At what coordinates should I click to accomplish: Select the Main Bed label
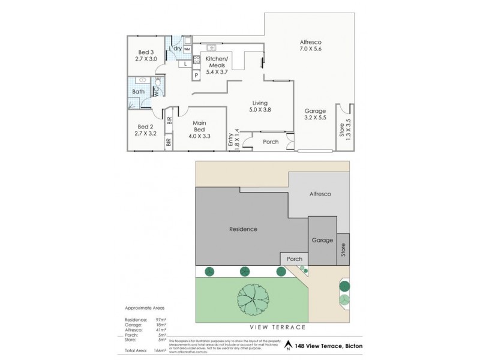click(x=200, y=128)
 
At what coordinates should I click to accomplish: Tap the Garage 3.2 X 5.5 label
click(x=314, y=115)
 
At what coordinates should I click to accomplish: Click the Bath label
click(x=138, y=92)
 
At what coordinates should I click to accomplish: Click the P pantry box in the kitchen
click(x=196, y=75)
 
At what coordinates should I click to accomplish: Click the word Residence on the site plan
click(x=244, y=229)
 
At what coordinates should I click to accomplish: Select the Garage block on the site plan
click(x=322, y=240)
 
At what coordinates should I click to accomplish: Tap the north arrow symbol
click(x=289, y=346)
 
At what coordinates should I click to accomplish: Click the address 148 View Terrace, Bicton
click(x=328, y=346)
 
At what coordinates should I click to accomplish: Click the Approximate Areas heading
click(x=143, y=307)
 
